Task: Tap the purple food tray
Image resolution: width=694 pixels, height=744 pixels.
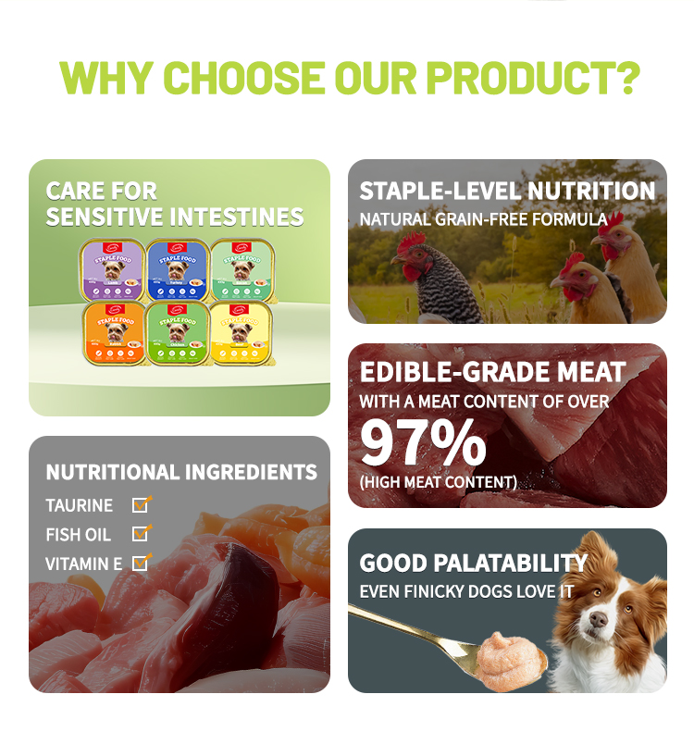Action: (x=111, y=268)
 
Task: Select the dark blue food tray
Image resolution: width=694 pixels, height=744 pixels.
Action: (x=176, y=268)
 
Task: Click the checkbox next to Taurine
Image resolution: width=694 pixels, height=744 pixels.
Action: (x=141, y=504)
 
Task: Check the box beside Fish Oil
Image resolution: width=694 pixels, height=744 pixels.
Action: (x=141, y=534)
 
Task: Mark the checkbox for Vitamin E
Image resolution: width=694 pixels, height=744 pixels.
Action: (x=141, y=563)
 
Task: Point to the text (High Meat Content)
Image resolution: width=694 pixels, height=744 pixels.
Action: (x=438, y=482)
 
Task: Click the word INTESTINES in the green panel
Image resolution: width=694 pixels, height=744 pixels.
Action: (x=239, y=217)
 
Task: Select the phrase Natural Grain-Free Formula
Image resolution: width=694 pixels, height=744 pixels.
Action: (x=483, y=220)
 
